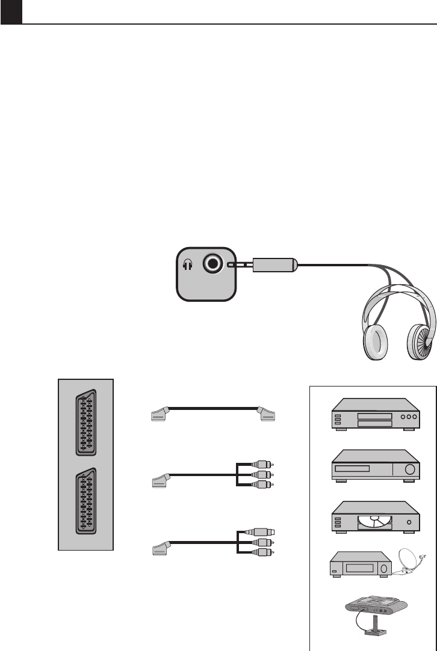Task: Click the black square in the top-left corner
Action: pyautogui.click(x=11, y=12)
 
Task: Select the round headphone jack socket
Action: pyautogui.click(x=212, y=264)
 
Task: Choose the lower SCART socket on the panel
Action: pyautogui.click(x=85, y=501)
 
